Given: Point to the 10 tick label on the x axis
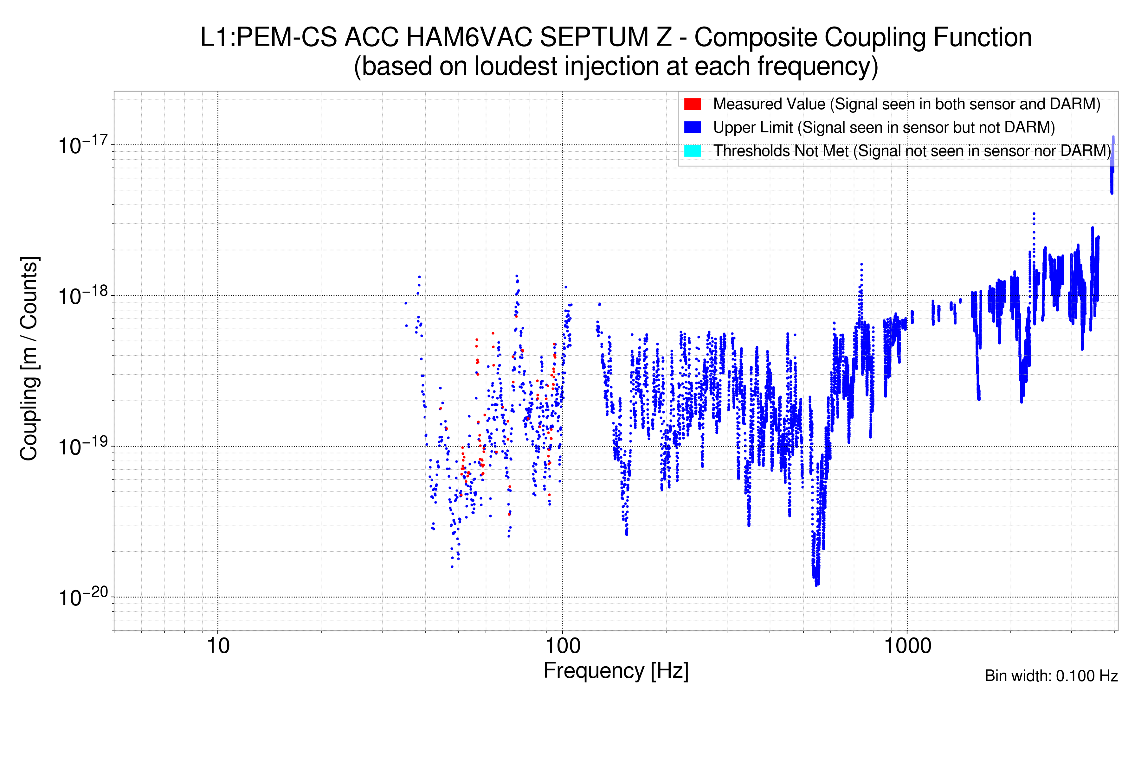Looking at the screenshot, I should click(218, 646).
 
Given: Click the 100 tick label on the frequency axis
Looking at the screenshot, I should click(563, 646).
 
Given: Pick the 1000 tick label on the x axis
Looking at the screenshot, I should click(907, 646).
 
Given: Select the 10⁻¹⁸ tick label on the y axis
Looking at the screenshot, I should click(82, 296).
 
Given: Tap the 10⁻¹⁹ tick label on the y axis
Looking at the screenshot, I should click(82, 446).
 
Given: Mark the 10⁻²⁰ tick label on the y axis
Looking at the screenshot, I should click(82, 598).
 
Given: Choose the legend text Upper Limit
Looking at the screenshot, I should click(752, 128).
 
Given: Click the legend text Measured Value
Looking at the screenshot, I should click(769, 104).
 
